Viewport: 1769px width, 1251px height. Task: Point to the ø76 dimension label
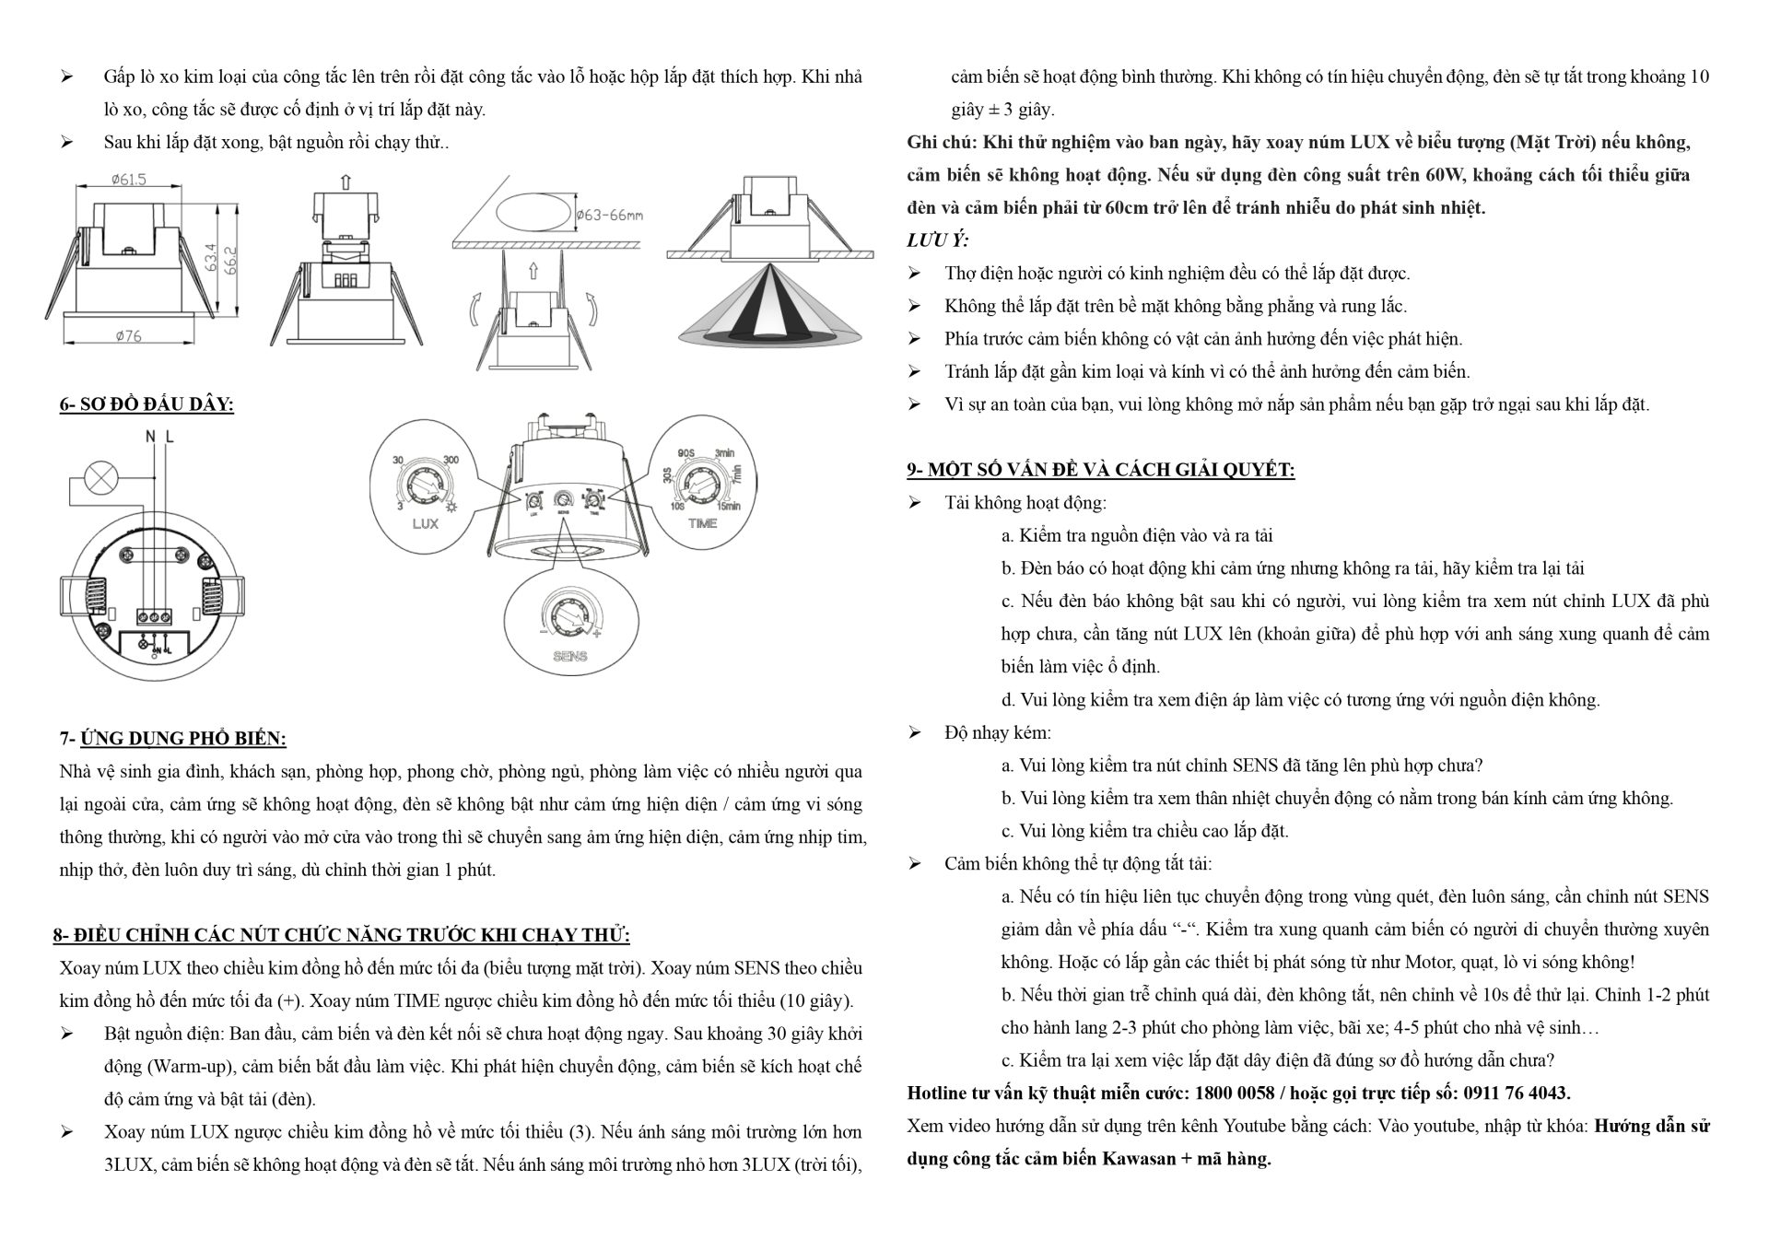coord(128,336)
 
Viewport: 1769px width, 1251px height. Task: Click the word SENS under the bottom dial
coord(570,657)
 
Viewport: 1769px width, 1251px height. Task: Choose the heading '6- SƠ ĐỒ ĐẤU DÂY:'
coord(146,404)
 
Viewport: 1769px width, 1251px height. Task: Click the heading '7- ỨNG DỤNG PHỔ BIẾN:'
coord(173,738)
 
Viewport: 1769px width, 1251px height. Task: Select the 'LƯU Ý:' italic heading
coord(937,240)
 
